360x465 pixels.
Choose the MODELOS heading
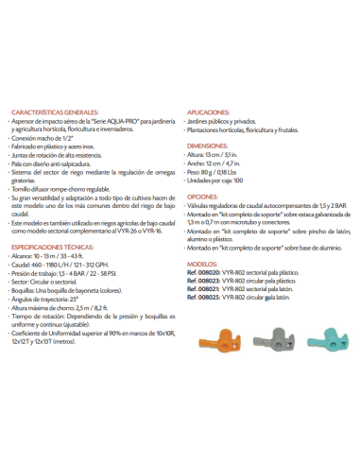coord(205,267)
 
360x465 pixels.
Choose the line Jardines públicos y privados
coord(232,121)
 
